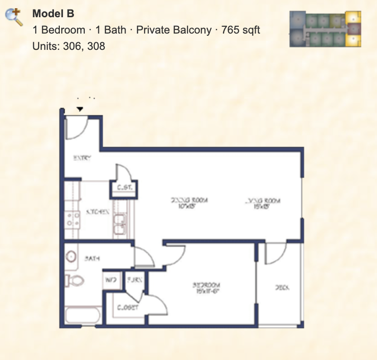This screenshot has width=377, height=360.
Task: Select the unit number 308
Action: tap(97, 46)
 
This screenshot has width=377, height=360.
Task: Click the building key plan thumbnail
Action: tap(326, 29)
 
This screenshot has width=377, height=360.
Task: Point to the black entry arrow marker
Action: tap(80, 109)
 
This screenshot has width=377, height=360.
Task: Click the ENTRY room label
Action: tap(82, 158)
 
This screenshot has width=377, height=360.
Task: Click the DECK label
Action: tap(282, 287)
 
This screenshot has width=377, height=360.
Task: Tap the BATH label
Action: tap(92, 258)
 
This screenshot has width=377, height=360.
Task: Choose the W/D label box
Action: tap(111, 280)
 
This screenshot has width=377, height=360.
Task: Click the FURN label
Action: tap(135, 280)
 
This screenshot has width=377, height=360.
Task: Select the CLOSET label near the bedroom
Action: tap(128, 307)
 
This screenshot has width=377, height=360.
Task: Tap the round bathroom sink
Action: tap(72, 257)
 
